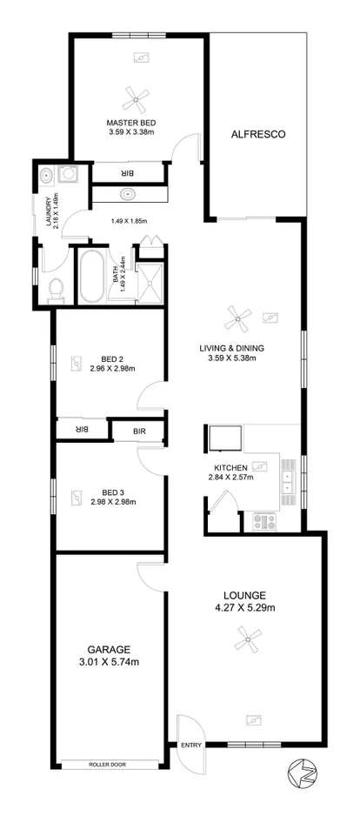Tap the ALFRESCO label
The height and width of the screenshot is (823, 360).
258,134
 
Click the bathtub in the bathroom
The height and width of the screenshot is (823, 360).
92,277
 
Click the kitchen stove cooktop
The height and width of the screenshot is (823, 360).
263,521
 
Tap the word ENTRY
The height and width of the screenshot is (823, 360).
190,745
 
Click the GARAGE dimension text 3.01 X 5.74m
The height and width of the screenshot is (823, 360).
109,662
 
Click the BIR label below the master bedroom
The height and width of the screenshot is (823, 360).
127,171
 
